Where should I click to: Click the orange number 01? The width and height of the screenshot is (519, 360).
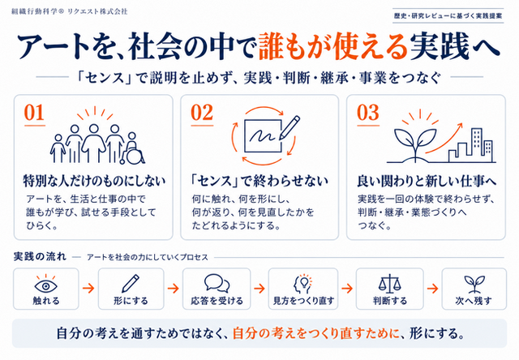click(34, 113)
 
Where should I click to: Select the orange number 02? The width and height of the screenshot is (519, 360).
click(202, 113)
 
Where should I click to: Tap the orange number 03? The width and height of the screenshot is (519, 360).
click(367, 113)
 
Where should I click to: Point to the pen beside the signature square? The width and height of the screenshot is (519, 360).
click(290, 127)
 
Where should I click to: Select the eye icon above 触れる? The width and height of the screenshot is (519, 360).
click(45, 285)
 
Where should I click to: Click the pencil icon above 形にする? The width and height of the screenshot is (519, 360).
click(131, 284)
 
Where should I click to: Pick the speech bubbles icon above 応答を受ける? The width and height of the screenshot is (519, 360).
click(217, 283)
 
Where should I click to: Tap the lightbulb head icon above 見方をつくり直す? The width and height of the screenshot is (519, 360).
click(302, 284)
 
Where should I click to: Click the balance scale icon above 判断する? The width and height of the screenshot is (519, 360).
click(389, 284)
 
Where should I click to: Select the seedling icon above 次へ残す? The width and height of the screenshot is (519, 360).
click(474, 285)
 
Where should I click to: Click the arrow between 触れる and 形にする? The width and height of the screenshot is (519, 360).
click(88, 288)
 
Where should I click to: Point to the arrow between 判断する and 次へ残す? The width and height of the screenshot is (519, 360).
click(432, 288)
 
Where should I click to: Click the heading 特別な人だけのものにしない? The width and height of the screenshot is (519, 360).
click(94, 181)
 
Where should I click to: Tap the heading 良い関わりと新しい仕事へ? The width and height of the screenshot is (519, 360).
click(427, 181)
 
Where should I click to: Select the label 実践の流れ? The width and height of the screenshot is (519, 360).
click(40, 256)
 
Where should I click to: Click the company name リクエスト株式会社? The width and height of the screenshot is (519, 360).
click(97, 11)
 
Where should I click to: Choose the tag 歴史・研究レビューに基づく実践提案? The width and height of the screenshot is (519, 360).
click(448, 15)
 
